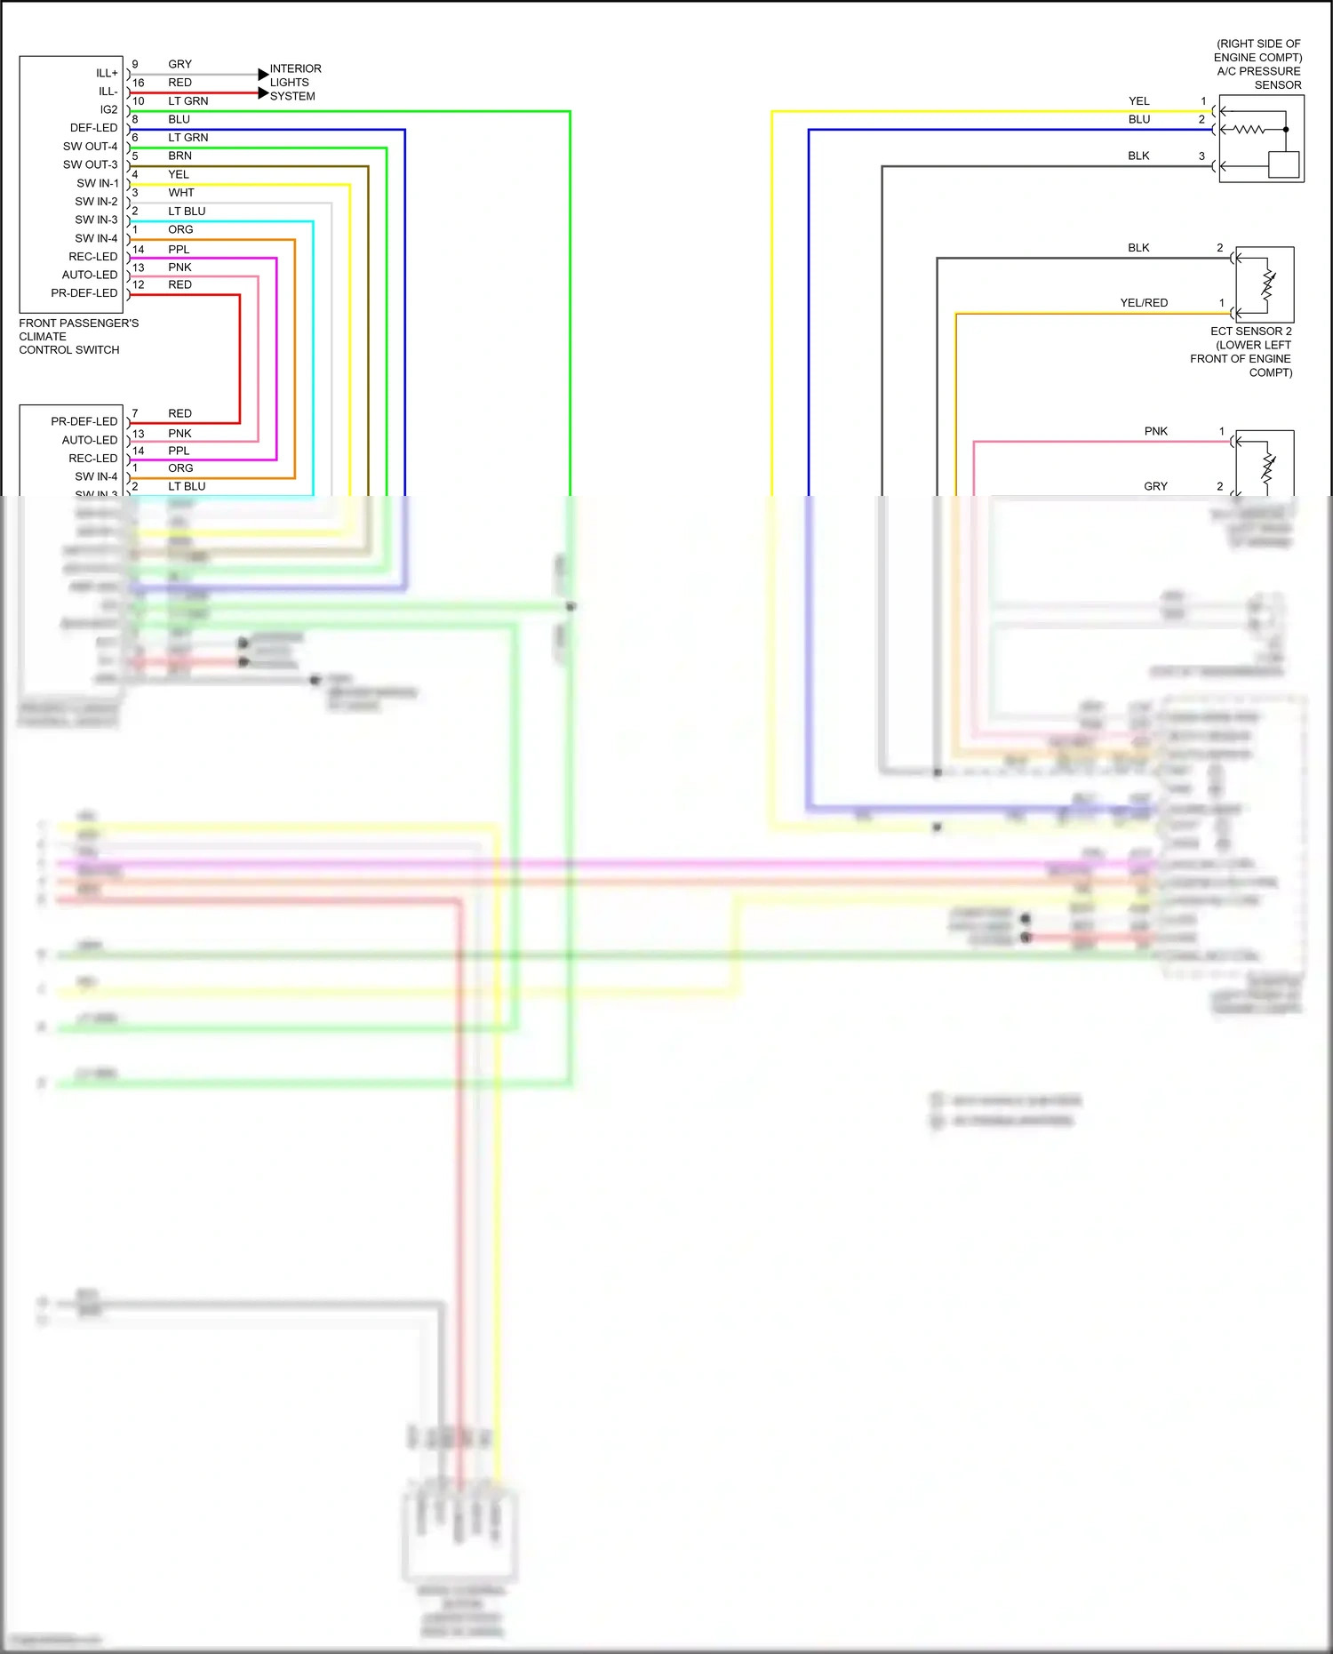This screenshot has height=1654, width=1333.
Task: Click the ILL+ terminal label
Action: tap(107, 73)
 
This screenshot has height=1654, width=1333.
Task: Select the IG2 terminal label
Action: tap(108, 109)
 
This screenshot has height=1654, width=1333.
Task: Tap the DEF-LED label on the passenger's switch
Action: tap(93, 128)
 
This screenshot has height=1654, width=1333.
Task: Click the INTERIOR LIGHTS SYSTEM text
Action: tap(295, 83)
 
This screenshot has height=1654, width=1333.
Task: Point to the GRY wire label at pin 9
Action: tap(180, 64)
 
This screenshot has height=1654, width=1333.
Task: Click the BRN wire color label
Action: tap(180, 156)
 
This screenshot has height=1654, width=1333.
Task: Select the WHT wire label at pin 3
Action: tap(180, 193)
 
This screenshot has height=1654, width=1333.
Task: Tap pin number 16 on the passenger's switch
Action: tap(138, 83)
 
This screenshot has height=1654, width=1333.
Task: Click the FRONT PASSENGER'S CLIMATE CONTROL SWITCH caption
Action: tap(78, 336)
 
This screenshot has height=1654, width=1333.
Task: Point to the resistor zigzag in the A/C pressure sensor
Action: tap(1249, 130)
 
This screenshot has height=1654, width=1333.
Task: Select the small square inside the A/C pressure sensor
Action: tap(1283, 164)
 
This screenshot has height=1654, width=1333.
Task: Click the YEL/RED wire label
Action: tap(1144, 303)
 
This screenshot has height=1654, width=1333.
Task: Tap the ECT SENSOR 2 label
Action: tap(1250, 332)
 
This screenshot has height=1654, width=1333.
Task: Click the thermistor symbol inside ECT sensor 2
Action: tap(1268, 285)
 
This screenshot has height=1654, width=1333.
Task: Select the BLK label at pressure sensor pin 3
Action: tap(1138, 156)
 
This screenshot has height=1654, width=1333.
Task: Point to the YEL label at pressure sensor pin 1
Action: tap(1138, 101)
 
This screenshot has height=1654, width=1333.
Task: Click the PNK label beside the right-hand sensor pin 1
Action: tap(1155, 431)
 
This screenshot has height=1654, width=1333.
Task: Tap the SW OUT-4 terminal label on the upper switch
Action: tap(90, 147)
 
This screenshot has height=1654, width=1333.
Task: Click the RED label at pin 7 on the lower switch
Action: tap(180, 413)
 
